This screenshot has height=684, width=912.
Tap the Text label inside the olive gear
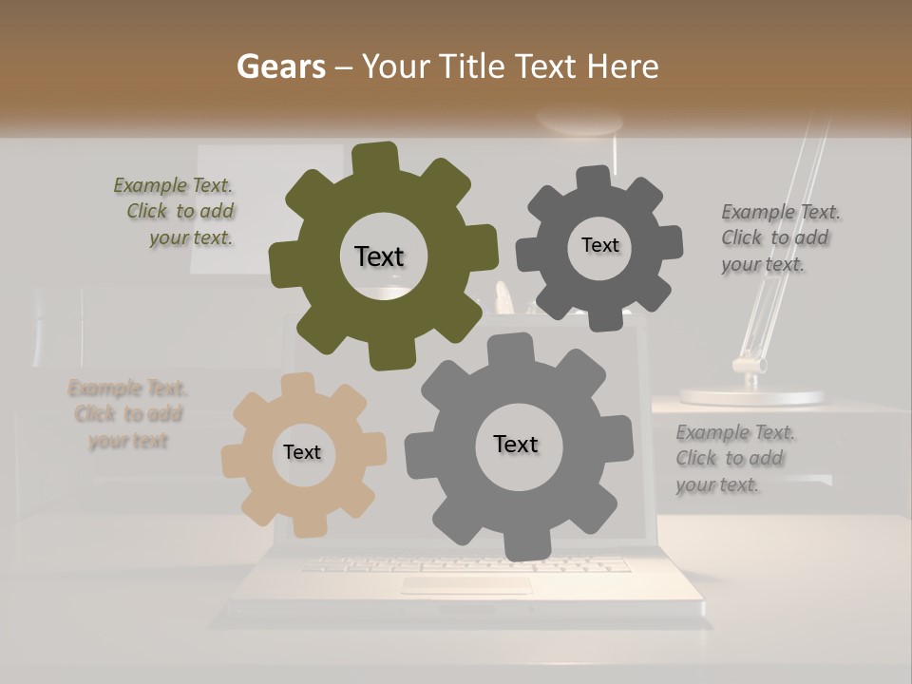[x=379, y=256]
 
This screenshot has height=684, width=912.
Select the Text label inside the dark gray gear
[x=599, y=245]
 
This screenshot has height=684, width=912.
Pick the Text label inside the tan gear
[x=302, y=452]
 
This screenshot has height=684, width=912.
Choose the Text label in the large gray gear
[x=515, y=444]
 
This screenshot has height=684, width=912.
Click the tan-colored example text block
[x=128, y=414]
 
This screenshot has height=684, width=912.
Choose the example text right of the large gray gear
[x=734, y=459]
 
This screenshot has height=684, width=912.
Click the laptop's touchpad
[x=465, y=585]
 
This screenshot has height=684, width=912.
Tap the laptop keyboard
[x=465, y=564]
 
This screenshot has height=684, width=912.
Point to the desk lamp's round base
[x=751, y=395]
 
